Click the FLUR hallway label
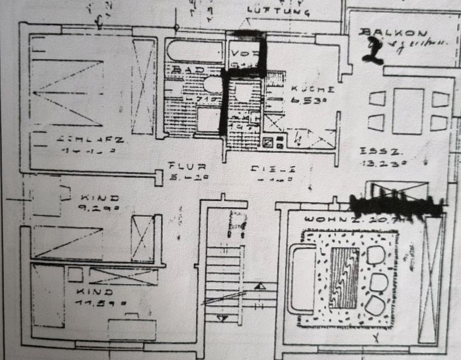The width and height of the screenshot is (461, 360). click(187, 166)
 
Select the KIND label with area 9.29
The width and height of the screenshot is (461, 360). click(100, 197)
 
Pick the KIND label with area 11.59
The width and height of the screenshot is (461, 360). click(95, 291)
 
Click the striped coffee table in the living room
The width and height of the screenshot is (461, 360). click(344, 277)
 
